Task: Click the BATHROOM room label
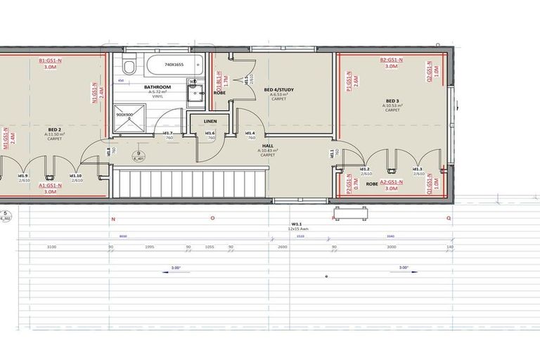pos(157,87)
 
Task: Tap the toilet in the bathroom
pos(128,67)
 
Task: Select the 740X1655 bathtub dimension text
pos(173,65)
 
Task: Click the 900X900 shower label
pos(124,114)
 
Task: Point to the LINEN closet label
pos(210,122)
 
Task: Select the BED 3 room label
pos(392,101)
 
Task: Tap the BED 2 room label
pos(55,129)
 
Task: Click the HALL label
pos(267,146)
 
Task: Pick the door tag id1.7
pos(168,133)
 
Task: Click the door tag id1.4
pos(249,133)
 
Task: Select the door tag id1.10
pos(75,175)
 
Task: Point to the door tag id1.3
pos(418,169)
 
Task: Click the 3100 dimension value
pos(51,247)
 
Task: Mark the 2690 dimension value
pos(282,247)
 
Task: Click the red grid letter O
pos(212,218)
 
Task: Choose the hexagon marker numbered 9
pos(139,153)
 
